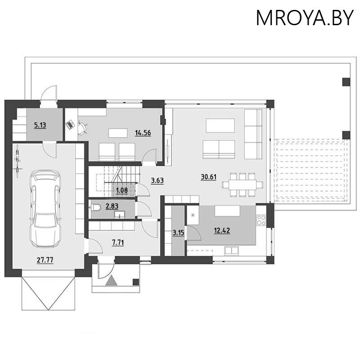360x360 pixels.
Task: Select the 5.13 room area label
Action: tap(40, 126)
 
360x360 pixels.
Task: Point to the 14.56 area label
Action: tap(143, 133)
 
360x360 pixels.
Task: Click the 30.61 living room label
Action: tap(208, 177)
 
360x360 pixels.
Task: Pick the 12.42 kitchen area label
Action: tap(222, 231)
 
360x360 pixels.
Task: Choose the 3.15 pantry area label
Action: tap(178, 233)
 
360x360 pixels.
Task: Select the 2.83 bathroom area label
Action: tap(112, 207)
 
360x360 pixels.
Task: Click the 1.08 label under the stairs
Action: tap(122, 190)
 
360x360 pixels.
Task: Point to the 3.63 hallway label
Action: tap(157, 180)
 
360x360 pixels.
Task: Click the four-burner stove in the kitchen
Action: tap(262, 220)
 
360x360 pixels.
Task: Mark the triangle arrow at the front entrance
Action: tap(111, 281)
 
